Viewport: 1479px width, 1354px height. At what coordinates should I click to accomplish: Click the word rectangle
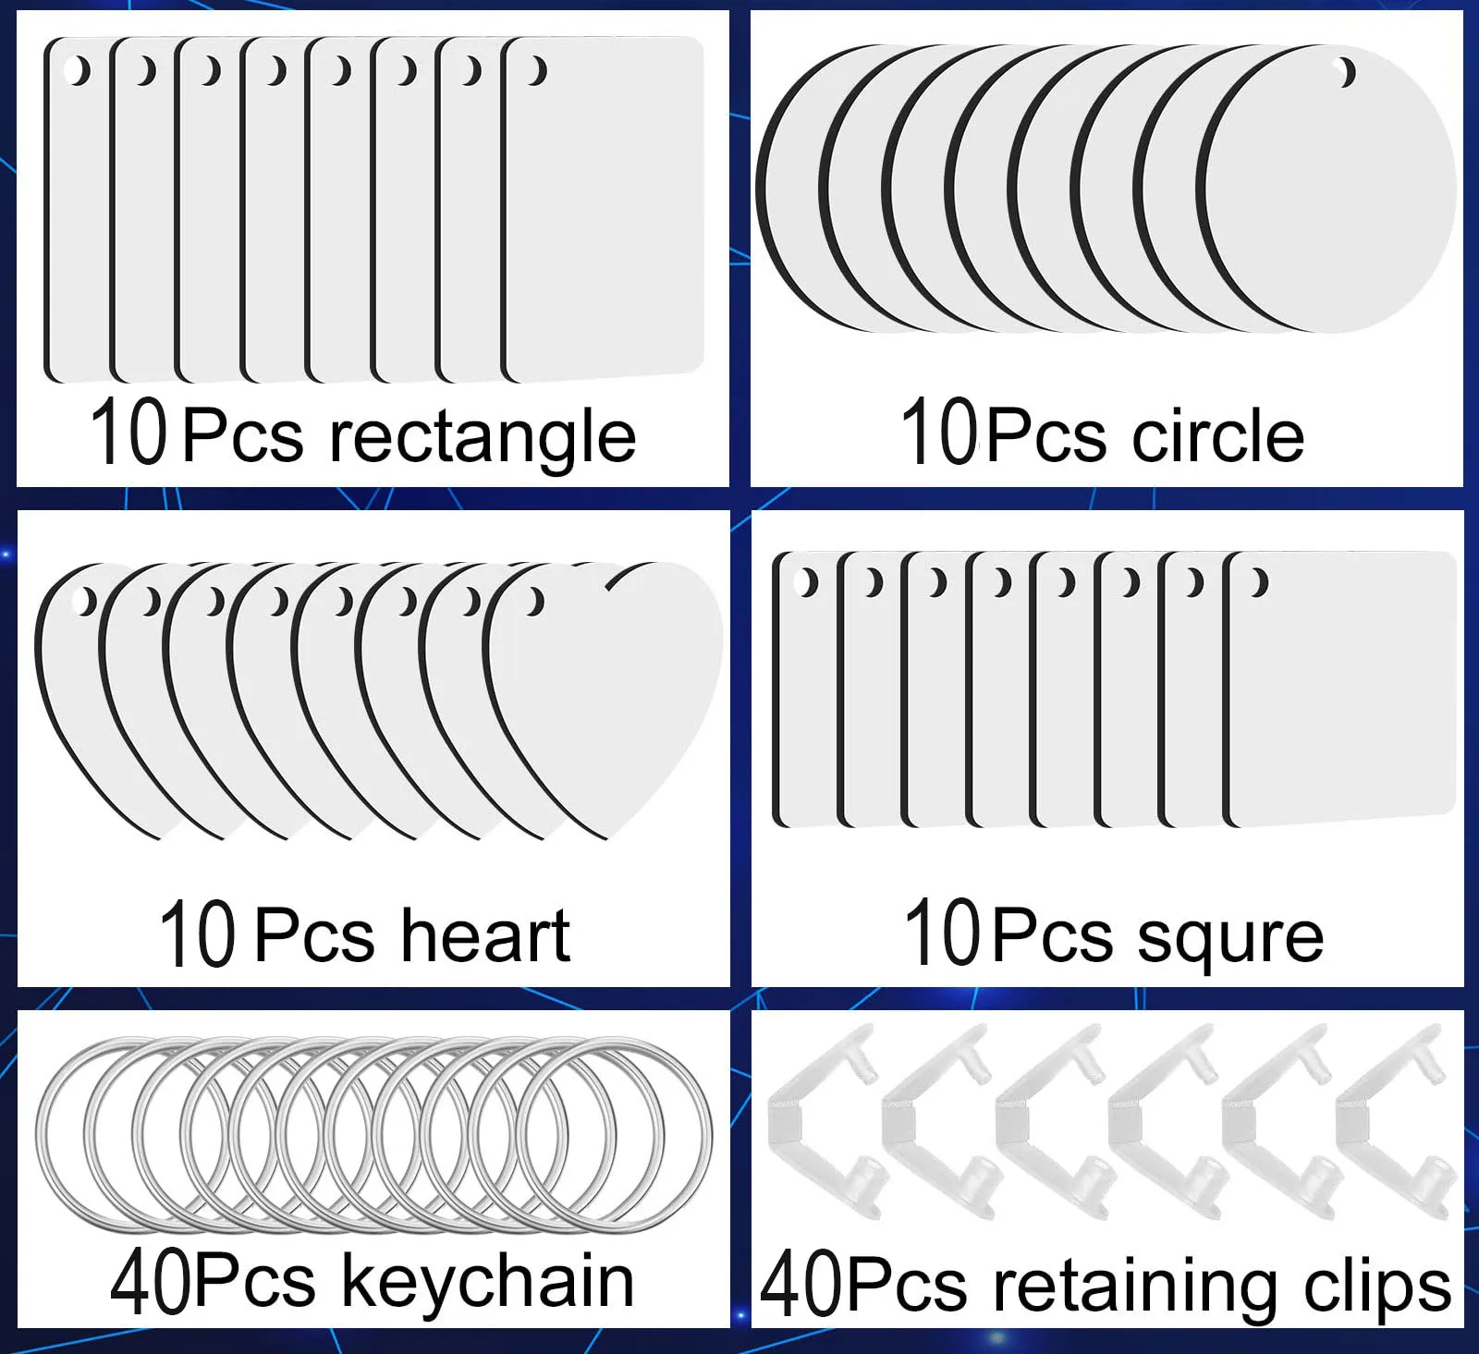click(483, 437)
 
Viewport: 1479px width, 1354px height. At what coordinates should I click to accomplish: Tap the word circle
click(1217, 435)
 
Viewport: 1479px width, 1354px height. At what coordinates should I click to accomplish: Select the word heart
click(485, 935)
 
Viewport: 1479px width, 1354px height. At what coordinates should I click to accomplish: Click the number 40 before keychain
click(152, 1282)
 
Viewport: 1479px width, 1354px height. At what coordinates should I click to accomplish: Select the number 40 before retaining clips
click(801, 1286)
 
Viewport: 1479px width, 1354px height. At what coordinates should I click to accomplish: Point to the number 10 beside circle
click(938, 432)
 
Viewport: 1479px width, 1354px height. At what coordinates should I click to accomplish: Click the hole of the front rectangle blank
click(537, 70)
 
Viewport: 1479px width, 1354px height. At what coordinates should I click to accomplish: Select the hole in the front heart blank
click(534, 603)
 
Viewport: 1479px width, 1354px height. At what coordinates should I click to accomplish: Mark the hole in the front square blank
click(1258, 582)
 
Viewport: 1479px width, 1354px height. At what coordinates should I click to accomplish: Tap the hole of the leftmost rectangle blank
click(79, 70)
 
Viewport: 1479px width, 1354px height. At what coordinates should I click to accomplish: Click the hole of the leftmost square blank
click(807, 582)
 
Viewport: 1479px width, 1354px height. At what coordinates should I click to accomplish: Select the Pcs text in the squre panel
click(1054, 936)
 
